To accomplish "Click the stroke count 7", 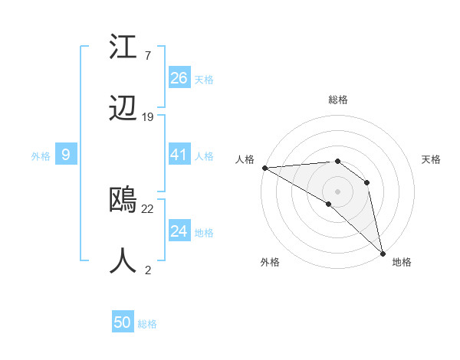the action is [147, 56].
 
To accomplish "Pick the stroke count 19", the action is [148, 116].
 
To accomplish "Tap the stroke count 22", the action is [148, 208].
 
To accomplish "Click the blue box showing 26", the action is [179, 78].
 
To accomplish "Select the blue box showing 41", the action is [179, 155].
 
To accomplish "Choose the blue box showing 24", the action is [179, 231].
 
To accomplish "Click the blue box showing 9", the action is [66, 155].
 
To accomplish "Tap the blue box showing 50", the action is [123, 322].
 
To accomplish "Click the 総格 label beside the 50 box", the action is [148, 324].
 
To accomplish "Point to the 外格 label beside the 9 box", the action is [41, 156].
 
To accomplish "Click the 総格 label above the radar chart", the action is [337, 100].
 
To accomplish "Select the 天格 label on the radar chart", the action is [432, 159].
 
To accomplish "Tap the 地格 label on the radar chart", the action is [402, 262].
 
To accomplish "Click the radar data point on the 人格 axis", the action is [264, 167].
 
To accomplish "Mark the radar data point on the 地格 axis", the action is [383, 252].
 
